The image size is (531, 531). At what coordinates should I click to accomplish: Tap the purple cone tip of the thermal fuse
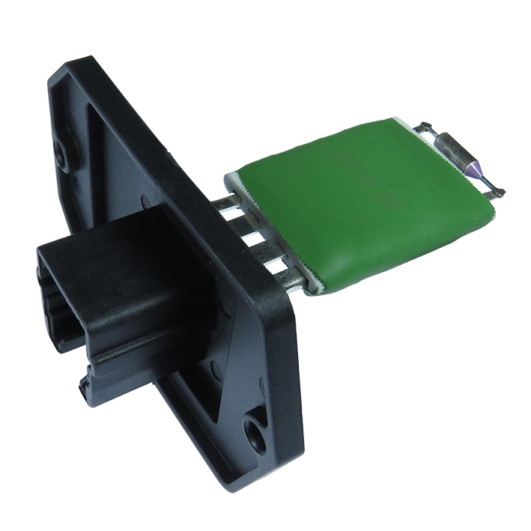pyautogui.click(x=471, y=174)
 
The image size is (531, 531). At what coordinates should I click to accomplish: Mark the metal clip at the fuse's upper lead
pyautogui.click(x=426, y=127)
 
